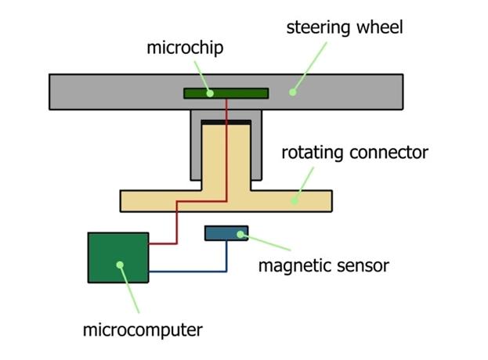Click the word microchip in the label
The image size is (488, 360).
pyautogui.click(x=185, y=48)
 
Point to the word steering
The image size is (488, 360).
pyautogui.click(x=315, y=28)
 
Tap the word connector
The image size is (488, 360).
pyautogui.click(x=389, y=152)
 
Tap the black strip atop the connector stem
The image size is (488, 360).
pyautogui.click(x=226, y=122)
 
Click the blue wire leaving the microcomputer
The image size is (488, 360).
pyautogui.click(x=188, y=272)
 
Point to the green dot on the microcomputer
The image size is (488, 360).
pyautogui.click(x=120, y=265)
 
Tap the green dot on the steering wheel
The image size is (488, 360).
pyautogui.click(x=291, y=92)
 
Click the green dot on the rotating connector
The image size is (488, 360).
pyautogui.click(x=294, y=200)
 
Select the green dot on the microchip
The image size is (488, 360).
pyautogui.click(x=210, y=93)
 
